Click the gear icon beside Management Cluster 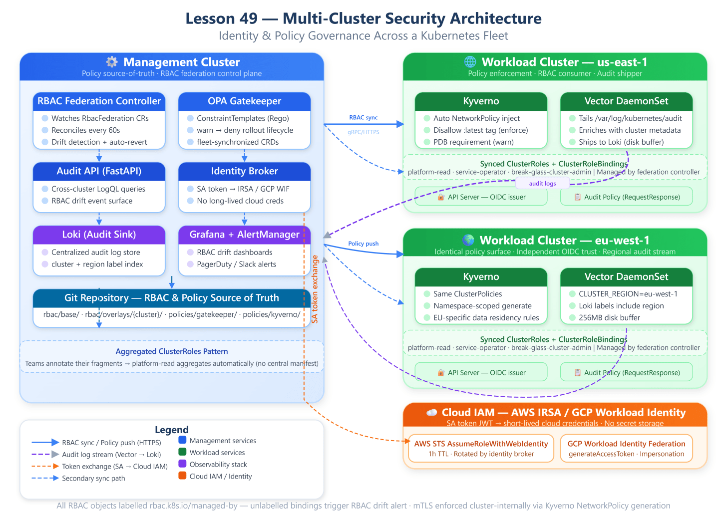coord(112,62)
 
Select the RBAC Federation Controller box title coord(99,101)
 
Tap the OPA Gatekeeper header coord(244,101)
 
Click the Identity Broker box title coord(244,171)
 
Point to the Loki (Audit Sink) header coord(99,235)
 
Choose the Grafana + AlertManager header coord(244,235)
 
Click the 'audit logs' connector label coord(542,184)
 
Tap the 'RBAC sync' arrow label coord(363,117)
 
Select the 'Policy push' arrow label coord(363,244)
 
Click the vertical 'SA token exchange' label coord(315,289)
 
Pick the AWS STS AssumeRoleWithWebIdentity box coord(481,448)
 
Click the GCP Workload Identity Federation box coord(626,448)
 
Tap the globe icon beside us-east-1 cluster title coord(470,61)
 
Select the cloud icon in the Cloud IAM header coord(431,412)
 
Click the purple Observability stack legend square coord(182,464)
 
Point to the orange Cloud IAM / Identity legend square coord(182,476)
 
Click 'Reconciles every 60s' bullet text coord(86,130)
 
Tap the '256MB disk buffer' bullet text coord(609,318)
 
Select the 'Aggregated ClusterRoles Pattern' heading coord(172,351)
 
